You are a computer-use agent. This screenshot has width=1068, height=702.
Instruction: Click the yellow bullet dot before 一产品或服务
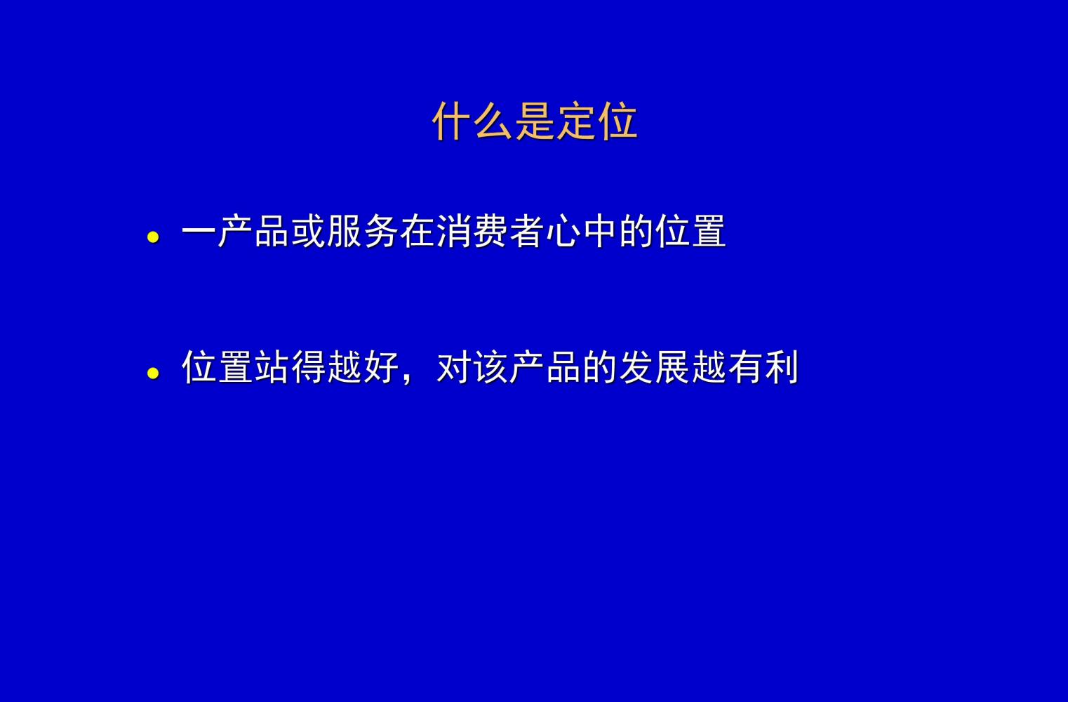click(x=153, y=237)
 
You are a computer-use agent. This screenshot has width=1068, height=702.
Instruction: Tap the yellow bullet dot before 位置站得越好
click(x=153, y=373)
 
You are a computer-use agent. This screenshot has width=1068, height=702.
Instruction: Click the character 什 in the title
click(x=451, y=121)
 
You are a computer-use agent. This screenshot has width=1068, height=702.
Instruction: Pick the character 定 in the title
click(x=576, y=121)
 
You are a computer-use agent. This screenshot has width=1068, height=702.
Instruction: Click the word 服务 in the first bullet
click(x=363, y=231)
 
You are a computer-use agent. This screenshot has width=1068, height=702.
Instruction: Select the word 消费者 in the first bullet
click(x=490, y=231)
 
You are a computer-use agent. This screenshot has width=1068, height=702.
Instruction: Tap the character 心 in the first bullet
click(x=563, y=231)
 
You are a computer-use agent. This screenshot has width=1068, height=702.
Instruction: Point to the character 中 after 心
click(x=600, y=231)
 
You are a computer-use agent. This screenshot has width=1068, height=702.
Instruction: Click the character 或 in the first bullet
click(x=309, y=231)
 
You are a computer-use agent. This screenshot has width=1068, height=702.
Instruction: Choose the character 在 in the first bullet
click(x=418, y=231)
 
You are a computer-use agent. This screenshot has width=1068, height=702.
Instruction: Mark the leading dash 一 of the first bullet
click(x=199, y=231)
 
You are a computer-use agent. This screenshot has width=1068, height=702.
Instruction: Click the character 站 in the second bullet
click(x=272, y=366)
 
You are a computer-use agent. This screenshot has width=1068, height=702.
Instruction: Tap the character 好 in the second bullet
click(x=382, y=366)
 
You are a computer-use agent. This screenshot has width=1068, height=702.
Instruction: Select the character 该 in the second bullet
click(x=490, y=366)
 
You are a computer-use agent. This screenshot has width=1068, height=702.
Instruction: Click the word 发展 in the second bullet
click(x=655, y=366)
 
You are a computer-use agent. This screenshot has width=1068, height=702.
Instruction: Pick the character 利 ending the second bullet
click(x=782, y=366)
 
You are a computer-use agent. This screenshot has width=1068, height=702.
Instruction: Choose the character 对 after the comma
click(x=454, y=366)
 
